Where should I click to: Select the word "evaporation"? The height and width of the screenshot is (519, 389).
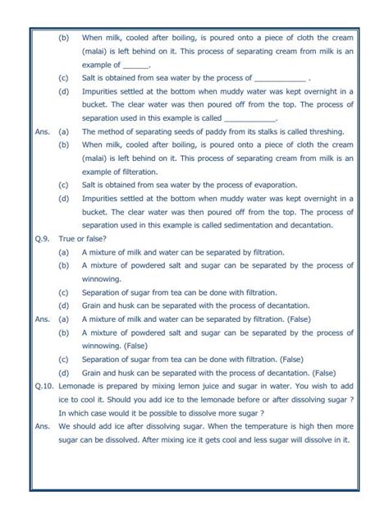tap(248, 183)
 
